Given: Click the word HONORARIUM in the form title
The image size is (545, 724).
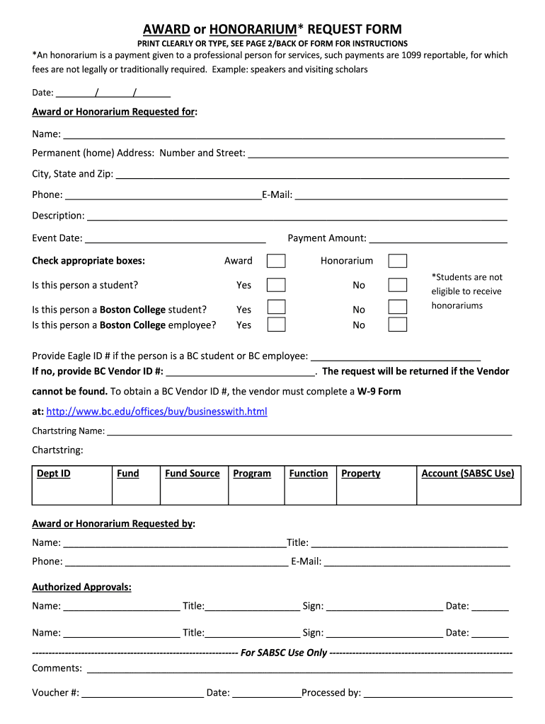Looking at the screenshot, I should tap(252, 29).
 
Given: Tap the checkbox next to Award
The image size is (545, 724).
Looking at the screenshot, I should tap(276, 261).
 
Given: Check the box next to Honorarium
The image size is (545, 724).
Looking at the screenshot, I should tap(398, 261).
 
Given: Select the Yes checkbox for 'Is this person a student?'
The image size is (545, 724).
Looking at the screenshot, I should tap(276, 285).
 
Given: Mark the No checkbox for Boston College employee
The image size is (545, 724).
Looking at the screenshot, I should tap(398, 325).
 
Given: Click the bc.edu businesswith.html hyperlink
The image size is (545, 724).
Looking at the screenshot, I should tap(156, 411).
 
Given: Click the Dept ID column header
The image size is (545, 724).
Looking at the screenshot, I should tap(54, 474).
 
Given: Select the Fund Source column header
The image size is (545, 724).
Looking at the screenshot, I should tap(193, 474).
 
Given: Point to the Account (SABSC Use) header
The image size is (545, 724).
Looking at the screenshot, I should tap(468, 474).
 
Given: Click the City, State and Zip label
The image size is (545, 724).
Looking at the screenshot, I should tap(72, 174).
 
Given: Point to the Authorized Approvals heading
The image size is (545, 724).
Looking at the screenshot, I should tap(82, 588).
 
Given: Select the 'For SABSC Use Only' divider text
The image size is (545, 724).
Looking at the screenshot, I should tap(284, 653).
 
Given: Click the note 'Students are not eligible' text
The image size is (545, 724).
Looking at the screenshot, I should tap(466, 291).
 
